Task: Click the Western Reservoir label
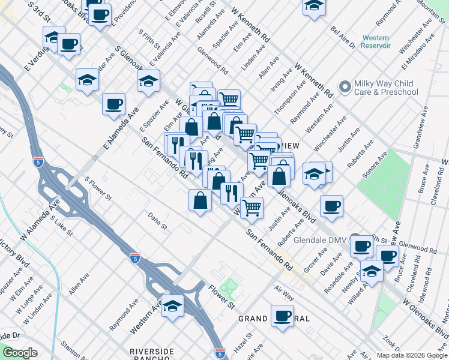376,42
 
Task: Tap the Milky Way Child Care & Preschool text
385,87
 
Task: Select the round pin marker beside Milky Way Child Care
345,88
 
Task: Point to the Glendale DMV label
320,239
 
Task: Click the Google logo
20,353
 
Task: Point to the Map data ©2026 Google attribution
411,355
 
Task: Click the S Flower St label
98,188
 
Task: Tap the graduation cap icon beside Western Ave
172,306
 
